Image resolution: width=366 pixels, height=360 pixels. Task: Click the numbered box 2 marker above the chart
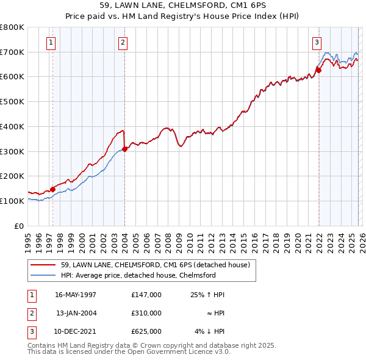click(x=123, y=42)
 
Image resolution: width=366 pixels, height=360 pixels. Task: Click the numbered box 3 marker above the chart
click(x=317, y=42)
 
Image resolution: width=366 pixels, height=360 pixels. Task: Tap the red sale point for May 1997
click(x=53, y=189)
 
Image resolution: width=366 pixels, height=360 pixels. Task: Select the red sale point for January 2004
click(x=124, y=148)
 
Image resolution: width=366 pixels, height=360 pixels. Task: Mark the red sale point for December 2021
click(x=318, y=70)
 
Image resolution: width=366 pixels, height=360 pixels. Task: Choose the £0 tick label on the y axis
click(x=18, y=226)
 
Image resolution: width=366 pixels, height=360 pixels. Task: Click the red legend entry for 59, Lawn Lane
click(x=156, y=265)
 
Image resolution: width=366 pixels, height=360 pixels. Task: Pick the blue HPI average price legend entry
click(x=138, y=275)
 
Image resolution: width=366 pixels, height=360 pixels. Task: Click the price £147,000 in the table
click(x=146, y=295)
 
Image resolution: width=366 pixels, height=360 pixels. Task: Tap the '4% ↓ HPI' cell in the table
click(x=209, y=331)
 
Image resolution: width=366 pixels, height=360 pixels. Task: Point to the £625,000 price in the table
click(x=146, y=331)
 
